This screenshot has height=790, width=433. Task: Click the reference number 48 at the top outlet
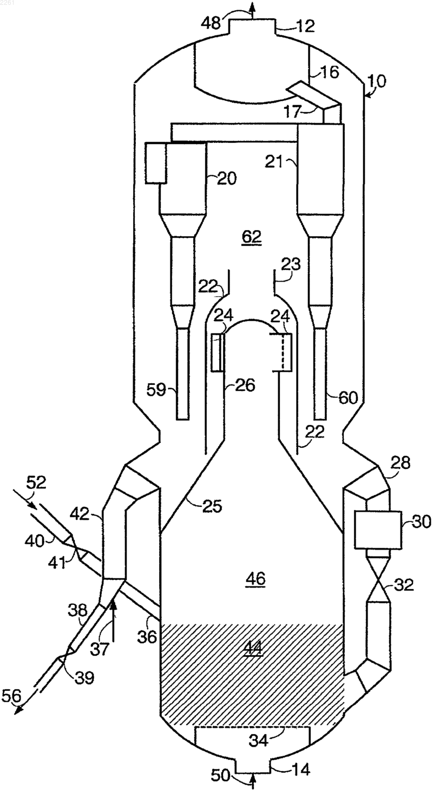[211, 23]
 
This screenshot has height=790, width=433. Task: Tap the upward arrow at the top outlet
[252, 10]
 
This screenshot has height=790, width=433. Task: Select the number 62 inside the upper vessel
[252, 237]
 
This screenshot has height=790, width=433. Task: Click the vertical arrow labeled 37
[113, 620]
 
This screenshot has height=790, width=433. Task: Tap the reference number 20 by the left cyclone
[227, 179]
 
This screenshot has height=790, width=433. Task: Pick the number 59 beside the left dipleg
[156, 390]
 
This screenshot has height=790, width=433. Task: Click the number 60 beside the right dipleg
[347, 398]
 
